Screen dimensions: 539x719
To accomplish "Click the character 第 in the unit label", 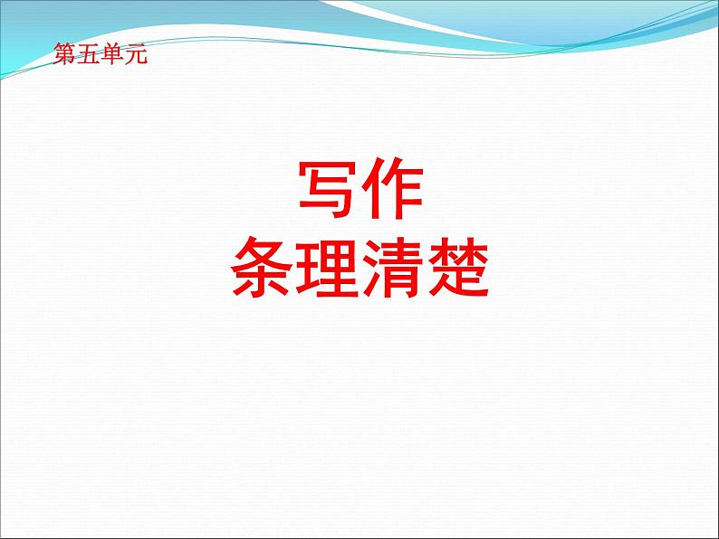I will pyautogui.click(x=65, y=55).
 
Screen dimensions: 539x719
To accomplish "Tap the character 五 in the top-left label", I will pyautogui.click(x=88, y=55).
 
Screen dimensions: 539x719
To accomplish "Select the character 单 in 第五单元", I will pyautogui.click(x=110, y=55).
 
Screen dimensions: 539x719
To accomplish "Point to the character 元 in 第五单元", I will pyautogui.click(x=133, y=55).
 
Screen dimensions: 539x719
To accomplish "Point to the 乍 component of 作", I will pyautogui.click(x=403, y=192).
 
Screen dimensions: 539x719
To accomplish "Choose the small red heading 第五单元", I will pyautogui.click(x=100, y=55).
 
